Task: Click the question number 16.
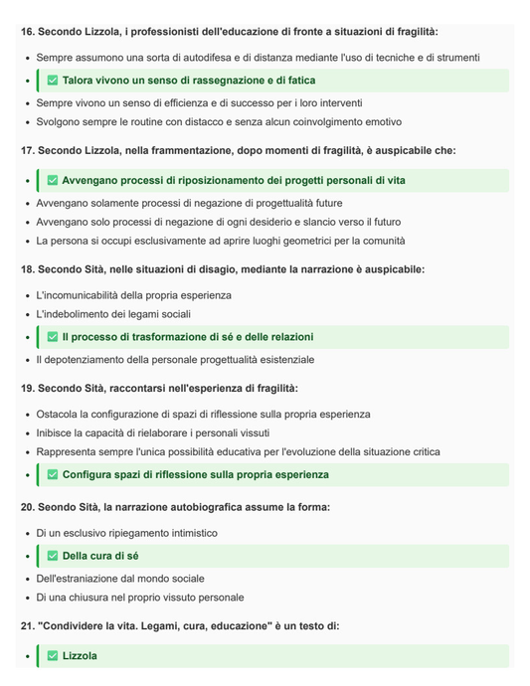click(x=27, y=32)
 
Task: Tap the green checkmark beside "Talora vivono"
click(x=53, y=81)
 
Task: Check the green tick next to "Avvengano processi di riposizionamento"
click(x=53, y=181)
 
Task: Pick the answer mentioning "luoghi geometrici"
click(x=221, y=241)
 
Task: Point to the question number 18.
click(x=27, y=269)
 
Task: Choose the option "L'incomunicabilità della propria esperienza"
click(x=133, y=295)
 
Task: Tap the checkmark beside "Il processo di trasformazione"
click(x=53, y=338)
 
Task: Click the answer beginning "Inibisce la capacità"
click(x=168, y=432)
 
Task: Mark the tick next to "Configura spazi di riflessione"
click(x=53, y=475)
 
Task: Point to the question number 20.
click(x=27, y=507)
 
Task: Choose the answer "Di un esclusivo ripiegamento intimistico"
click(x=126, y=533)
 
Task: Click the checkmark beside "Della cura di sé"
click(x=53, y=556)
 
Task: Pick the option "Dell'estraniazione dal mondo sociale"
click(x=121, y=579)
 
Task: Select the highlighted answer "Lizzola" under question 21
click(x=80, y=656)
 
